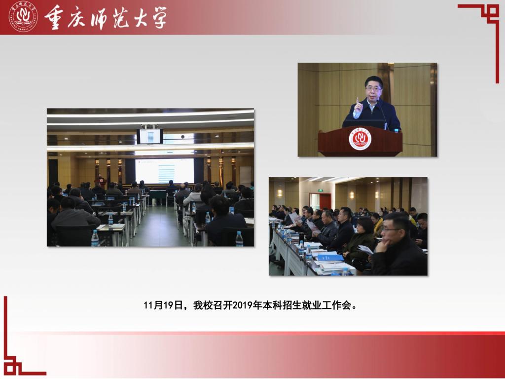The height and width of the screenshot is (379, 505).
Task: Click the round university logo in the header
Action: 23,16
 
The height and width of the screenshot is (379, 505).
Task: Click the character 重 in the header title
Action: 54,17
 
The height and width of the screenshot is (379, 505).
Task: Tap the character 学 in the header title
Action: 157,17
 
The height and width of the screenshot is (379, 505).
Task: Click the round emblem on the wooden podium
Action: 360,139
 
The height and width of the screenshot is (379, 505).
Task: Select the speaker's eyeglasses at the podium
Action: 374,88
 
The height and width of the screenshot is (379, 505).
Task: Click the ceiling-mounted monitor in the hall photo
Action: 150,136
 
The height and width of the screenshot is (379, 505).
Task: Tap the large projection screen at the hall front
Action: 165,171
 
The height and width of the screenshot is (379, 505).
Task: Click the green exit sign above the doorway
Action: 321,190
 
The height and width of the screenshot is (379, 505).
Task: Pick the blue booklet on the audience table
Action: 330,257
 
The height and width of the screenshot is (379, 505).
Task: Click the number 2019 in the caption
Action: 242,305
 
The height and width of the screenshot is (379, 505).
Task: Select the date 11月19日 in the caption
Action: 163,305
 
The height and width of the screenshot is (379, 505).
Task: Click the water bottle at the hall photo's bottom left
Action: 95,238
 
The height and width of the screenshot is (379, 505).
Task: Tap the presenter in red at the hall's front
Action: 100,181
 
